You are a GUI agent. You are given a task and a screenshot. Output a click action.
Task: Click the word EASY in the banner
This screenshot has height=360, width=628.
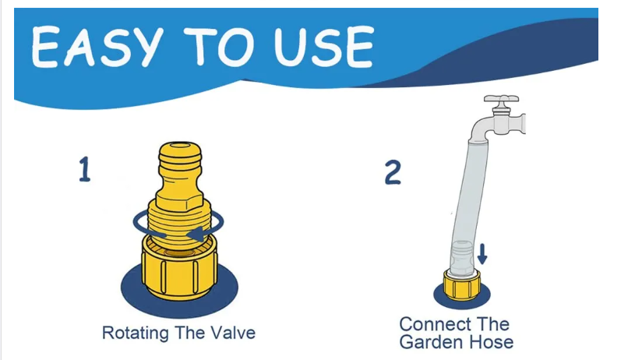click(x=97, y=47)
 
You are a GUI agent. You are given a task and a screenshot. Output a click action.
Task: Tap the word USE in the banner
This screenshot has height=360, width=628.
click(x=324, y=47)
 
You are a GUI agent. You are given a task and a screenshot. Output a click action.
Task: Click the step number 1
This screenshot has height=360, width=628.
click(x=84, y=169)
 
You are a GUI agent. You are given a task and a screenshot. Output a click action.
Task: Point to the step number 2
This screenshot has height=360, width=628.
click(x=393, y=172)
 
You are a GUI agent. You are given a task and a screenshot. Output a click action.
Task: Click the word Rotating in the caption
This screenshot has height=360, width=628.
click(x=136, y=334)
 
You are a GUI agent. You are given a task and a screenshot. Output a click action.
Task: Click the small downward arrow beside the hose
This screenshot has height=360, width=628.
click(x=482, y=254)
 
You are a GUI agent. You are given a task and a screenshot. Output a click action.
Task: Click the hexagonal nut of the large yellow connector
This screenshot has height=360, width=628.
click(x=180, y=199)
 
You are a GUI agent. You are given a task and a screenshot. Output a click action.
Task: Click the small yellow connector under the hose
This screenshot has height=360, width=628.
click(x=462, y=285)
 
